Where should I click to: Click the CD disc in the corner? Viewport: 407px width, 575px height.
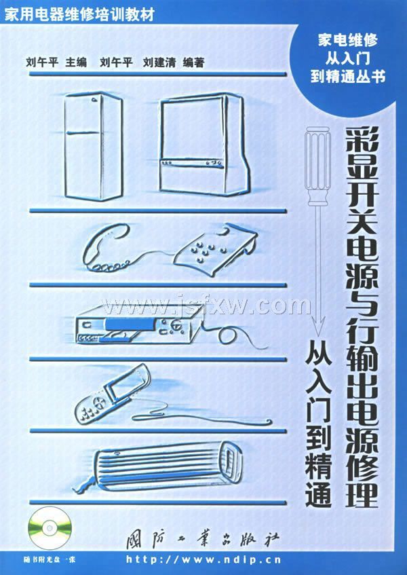(x=49, y=527)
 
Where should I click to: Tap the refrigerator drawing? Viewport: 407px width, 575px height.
(x=94, y=146)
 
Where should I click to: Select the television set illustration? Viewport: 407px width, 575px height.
(x=203, y=144)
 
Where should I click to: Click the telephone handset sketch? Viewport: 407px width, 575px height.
(x=106, y=248)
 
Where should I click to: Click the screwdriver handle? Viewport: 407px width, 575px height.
(x=318, y=166)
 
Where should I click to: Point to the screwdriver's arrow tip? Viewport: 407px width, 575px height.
(x=318, y=335)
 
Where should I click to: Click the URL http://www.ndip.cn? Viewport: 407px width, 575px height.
(x=203, y=559)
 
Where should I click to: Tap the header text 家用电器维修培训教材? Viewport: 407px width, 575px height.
(x=79, y=14)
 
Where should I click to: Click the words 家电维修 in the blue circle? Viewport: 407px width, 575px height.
(x=347, y=40)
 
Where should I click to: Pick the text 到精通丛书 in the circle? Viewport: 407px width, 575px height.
(x=348, y=77)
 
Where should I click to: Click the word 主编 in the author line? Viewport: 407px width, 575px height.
(x=76, y=62)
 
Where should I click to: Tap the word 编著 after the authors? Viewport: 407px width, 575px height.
(x=193, y=62)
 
